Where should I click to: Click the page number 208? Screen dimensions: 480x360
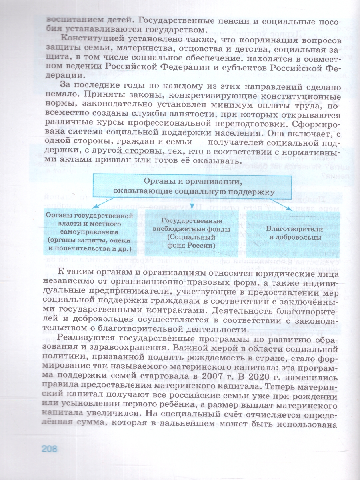point(50,448)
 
